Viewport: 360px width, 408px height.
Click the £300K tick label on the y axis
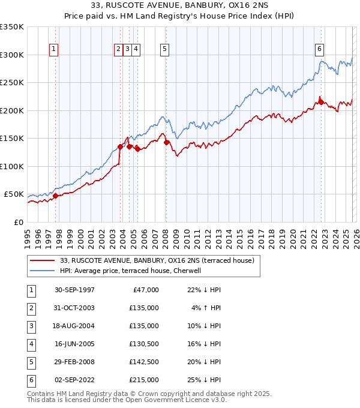12,55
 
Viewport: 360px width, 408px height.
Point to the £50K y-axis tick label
14,194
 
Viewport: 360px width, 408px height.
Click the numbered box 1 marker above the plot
54,49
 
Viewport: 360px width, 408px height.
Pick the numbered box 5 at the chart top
164,49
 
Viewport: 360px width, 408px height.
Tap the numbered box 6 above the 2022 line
319,49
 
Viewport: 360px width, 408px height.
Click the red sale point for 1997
56,196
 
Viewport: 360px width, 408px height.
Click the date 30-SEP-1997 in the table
74,290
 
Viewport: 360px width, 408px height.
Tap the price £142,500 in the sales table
143,362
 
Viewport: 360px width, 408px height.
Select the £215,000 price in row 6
143,380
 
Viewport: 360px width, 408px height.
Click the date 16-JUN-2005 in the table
74,344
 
